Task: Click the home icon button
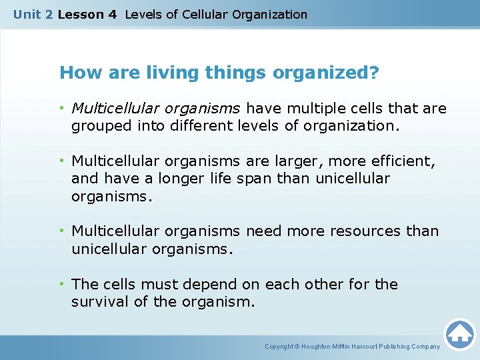(459, 334)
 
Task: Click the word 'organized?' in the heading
(319, 73)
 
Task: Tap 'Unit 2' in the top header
(33, 14)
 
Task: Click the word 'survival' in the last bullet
(98, 302)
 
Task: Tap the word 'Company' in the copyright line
(425, 347)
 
